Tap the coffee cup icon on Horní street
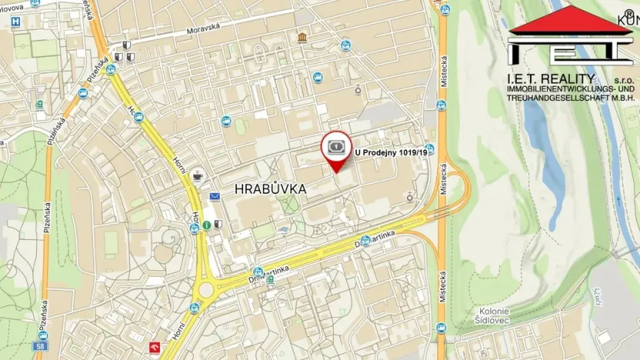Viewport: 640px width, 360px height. [x=197, y=175]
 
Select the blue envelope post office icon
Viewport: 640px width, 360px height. [x=215, y=197]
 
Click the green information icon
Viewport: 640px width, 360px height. [x=207, y=225]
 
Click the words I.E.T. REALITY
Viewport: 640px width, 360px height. [x=550, y=79]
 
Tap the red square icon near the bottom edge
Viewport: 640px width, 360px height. [x=155, y=348]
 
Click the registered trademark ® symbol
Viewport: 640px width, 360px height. [x=628, y=13]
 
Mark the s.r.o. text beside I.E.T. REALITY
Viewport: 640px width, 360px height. [x=623, y=80]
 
